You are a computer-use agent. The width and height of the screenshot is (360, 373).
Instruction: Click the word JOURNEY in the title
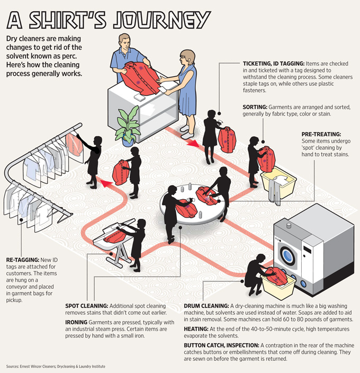point(161,20)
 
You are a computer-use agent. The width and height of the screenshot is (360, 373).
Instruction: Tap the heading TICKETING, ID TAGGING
point(274,64)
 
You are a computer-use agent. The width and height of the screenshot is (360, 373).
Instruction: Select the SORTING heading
point(255,107)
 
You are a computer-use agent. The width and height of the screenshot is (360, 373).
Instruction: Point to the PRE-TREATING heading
point(321,134)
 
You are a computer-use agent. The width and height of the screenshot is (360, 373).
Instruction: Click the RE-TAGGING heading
point(23,260)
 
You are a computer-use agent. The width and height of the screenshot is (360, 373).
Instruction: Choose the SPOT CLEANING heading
point(87,306)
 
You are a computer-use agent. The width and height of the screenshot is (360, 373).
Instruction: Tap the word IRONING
point(76,322)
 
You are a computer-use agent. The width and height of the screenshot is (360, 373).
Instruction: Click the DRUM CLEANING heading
point(206,306)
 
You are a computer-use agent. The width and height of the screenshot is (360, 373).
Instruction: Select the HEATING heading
point(196,329)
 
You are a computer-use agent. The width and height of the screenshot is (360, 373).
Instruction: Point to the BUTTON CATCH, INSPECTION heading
point(221,345)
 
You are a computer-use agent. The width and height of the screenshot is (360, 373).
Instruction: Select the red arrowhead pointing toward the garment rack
point(106,183)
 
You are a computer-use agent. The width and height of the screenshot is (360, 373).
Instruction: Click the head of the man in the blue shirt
point(124,42)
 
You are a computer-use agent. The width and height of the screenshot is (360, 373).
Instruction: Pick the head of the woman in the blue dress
point(187,58)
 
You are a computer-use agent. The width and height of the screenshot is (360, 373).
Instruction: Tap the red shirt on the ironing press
point(115,236)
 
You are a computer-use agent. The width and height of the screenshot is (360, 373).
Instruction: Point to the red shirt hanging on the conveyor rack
point(74,145)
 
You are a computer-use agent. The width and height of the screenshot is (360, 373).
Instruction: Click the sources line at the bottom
point(56,366)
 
